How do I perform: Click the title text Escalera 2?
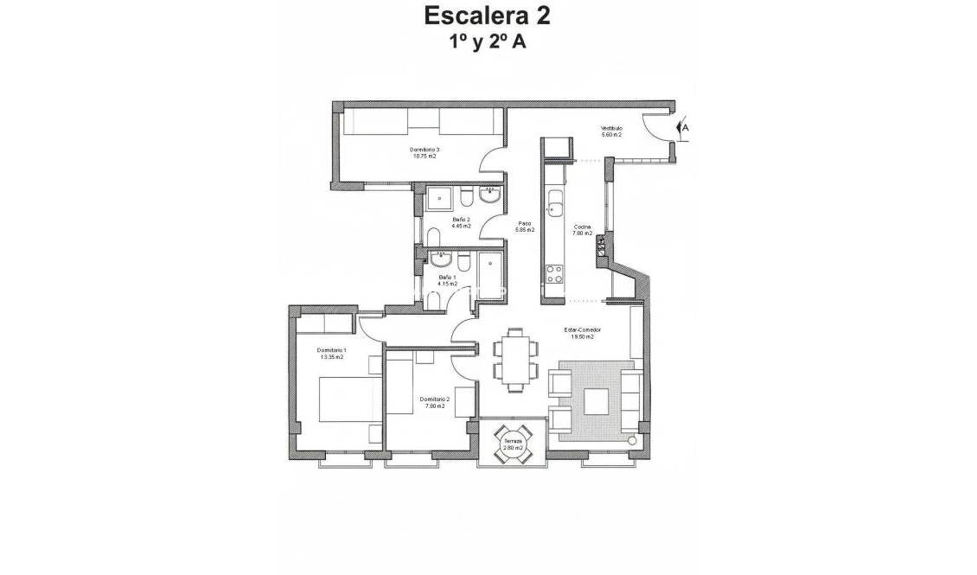[488, 16]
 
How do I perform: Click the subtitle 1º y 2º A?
[488, 43]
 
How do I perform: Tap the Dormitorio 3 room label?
[424, 153]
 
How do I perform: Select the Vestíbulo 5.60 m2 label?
[612, 131]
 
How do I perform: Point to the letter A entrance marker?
[686, 127]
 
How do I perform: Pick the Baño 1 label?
[447, 280]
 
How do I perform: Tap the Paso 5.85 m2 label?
[525, 227]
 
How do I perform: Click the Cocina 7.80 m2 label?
[582, 230]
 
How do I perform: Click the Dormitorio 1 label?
[331, 353]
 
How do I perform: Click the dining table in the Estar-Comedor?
[514, 357]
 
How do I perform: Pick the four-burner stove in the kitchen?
[553, 275]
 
